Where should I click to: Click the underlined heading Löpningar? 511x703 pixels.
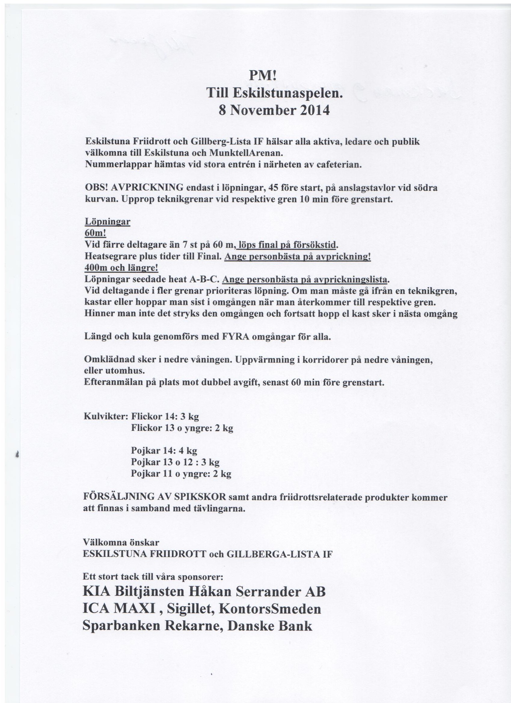107,222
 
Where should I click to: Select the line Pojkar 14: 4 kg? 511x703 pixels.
164,450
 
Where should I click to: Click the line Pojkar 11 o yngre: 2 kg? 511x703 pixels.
181,474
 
